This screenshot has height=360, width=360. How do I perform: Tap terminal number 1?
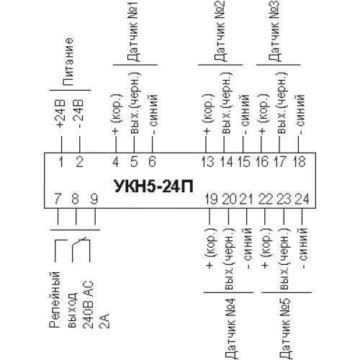click(x=61, y=161)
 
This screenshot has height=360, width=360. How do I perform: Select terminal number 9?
click(x=94, y=199)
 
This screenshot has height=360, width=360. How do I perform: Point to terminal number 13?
click(x=207, y=161)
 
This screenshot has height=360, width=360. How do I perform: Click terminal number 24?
click(x=302, y=199)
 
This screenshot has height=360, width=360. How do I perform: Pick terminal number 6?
click(x=152, y=161)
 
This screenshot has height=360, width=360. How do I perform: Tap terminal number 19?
click(x=211, y=199)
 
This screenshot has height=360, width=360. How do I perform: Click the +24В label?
click(x=60, y=113)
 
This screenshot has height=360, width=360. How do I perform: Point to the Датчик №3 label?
click(x=274, y=31)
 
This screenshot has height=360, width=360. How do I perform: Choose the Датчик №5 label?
click(x=286, y=329)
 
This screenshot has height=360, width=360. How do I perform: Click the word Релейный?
click(x=55, y=300)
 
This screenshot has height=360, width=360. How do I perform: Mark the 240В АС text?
click(x=89, y=304)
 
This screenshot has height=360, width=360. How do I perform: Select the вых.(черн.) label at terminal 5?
click(x=135, y=103)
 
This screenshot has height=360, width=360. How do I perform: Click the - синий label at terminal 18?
click(x=300, y=114)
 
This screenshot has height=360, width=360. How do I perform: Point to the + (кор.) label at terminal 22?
click(x=265, y=248)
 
